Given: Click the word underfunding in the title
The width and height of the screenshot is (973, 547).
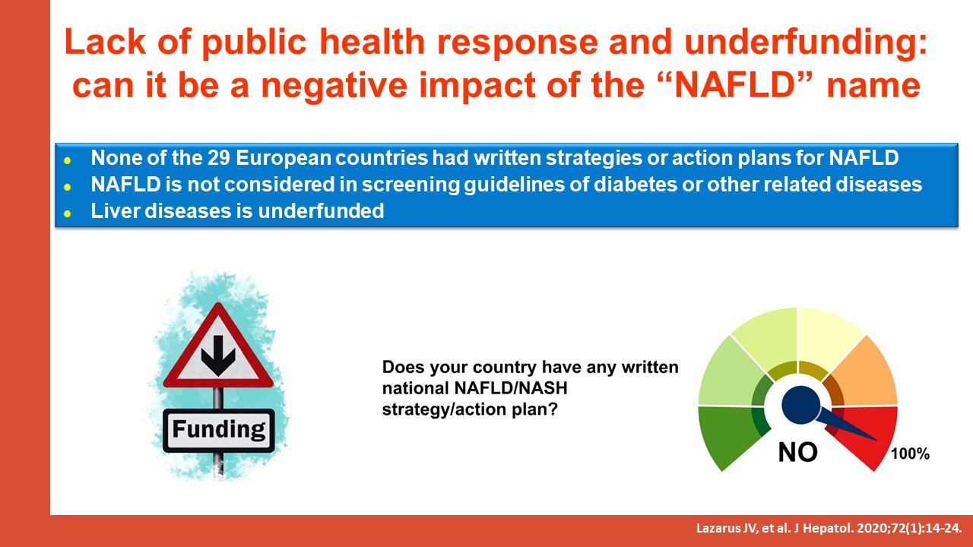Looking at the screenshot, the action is [806, 43].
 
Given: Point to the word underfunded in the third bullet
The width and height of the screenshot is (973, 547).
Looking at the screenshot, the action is [321, 211].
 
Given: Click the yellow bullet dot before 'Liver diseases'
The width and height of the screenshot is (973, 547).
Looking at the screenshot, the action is [68, 213].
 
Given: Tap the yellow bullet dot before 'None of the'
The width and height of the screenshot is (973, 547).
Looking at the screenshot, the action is [68, 160].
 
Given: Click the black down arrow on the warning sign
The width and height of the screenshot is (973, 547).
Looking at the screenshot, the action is [218, 355].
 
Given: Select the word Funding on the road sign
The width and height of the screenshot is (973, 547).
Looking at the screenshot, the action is [218, 429].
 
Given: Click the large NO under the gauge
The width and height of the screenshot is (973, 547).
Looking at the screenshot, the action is [798, 452].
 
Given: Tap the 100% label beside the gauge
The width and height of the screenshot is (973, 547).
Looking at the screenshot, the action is [910, 454].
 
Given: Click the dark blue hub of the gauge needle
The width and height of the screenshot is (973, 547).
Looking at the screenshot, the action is [800, 405].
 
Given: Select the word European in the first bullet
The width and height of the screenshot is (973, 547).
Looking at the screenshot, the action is [284, 158].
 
